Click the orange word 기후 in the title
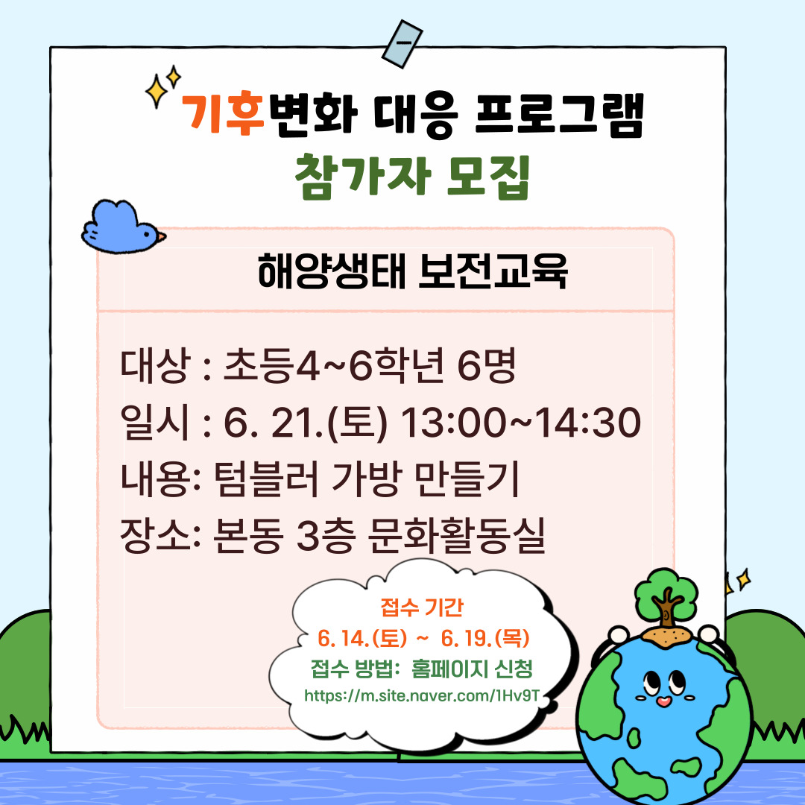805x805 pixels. (x=224, y=113)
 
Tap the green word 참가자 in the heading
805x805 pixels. (x=363, y=176)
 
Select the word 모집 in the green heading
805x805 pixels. (x=488, y=176)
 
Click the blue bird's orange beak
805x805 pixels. (x=161, y=237)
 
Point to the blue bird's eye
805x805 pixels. (x=148, y=235)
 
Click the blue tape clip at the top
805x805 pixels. (x=402, y=44)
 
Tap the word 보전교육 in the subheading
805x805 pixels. (x=493, y=271)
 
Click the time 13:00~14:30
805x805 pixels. (x=520, y=423)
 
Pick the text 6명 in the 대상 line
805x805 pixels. (x=486, y=365)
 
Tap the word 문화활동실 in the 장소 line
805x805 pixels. (x=457, y=535)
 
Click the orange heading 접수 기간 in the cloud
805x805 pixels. (x=422, y=607)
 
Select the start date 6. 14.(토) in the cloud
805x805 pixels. (x=362, y=638)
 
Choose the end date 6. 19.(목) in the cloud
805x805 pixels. (x=485, y=638)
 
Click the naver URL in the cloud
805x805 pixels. (x=422, y=695)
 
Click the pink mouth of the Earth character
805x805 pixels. (x=663, y=701)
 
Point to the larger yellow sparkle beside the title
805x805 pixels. (x=157, y=92)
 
